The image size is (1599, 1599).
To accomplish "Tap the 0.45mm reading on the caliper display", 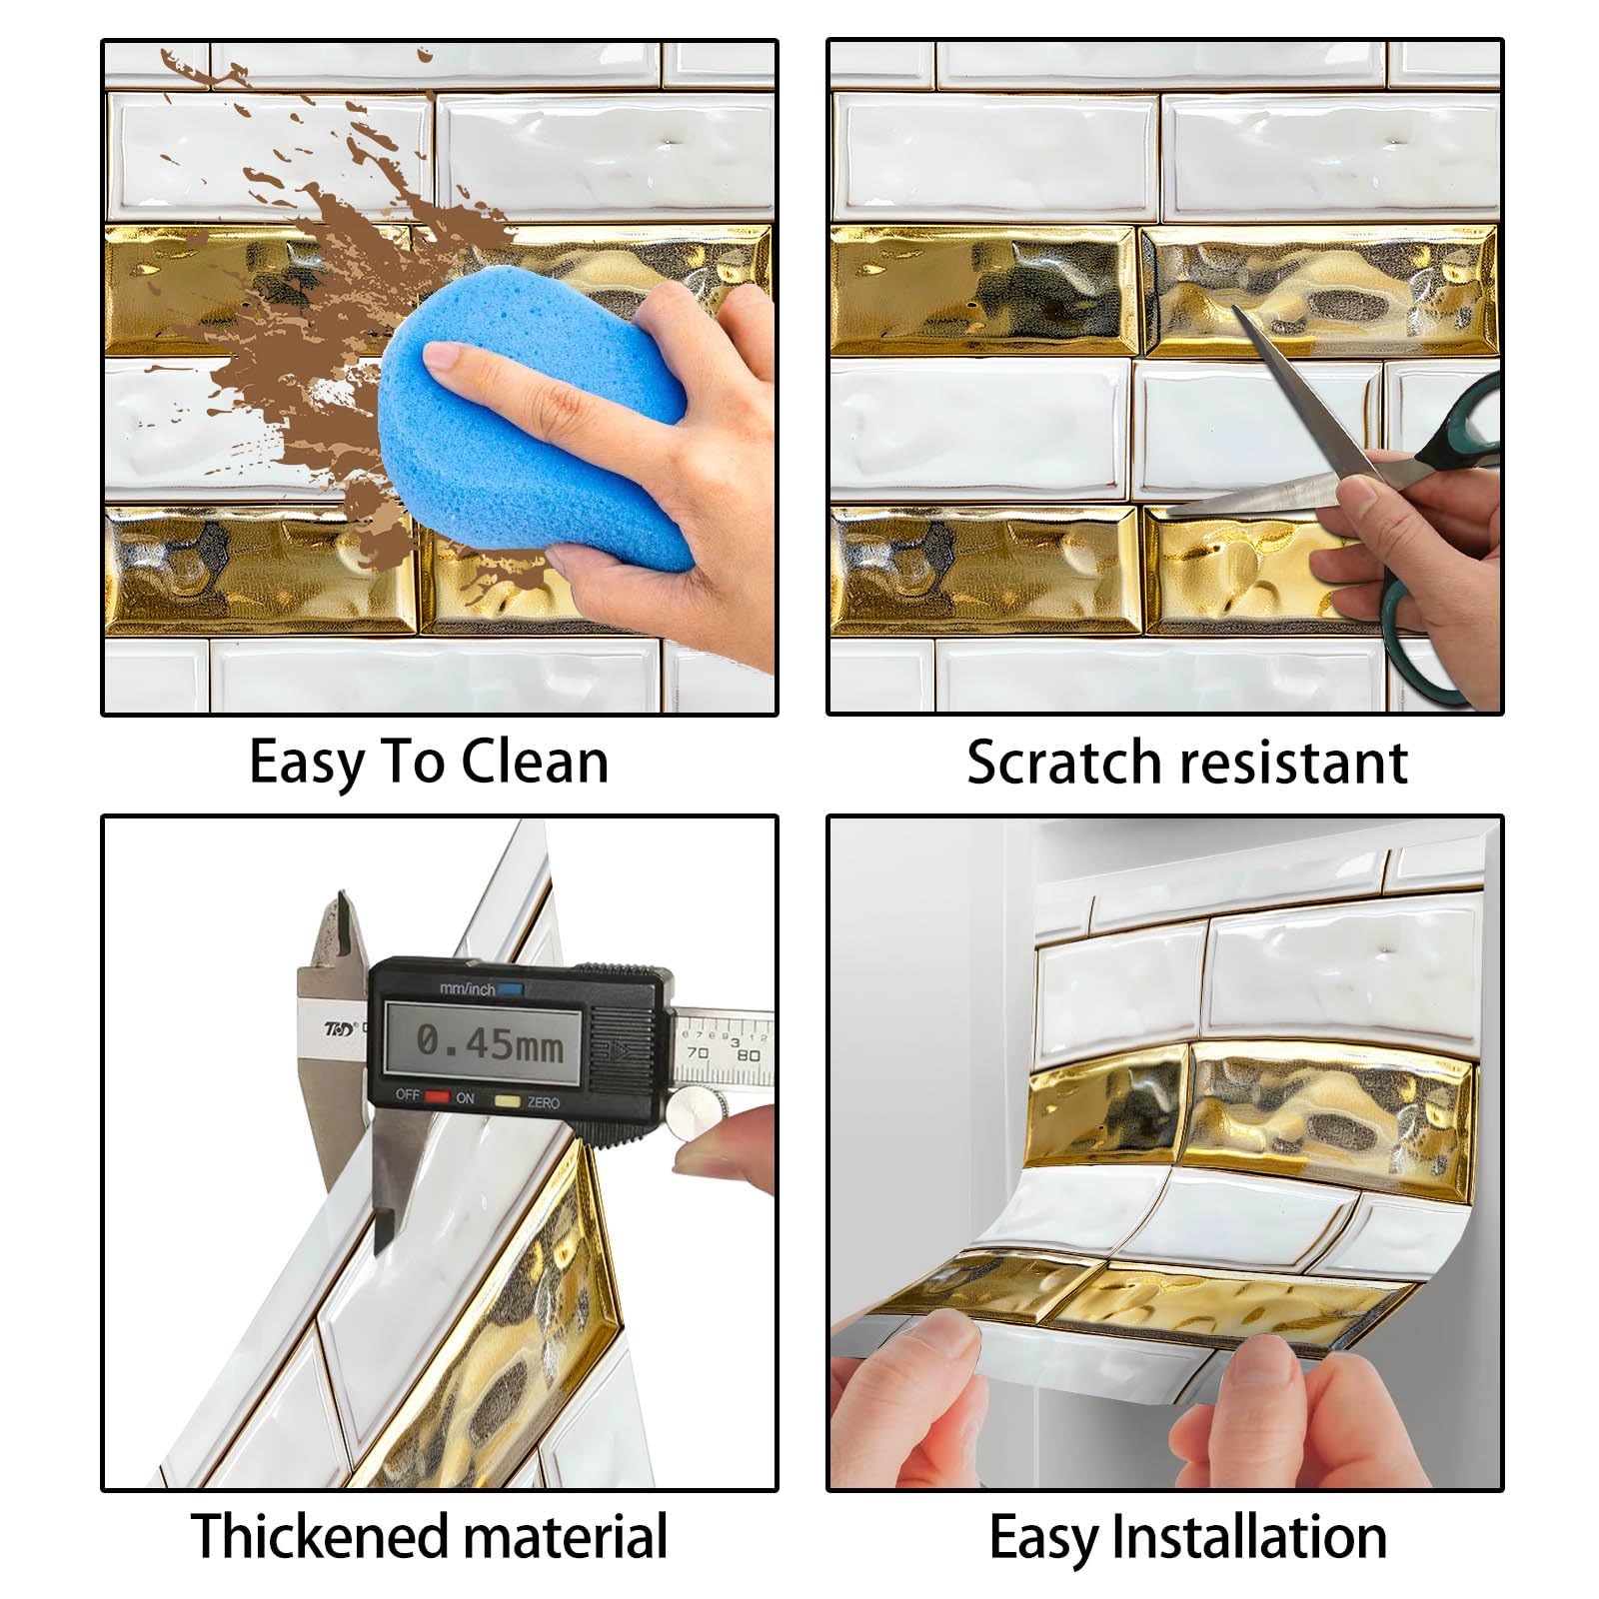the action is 490,1043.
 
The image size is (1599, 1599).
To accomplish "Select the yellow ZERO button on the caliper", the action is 509,1100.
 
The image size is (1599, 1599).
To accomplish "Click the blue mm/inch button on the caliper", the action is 511,989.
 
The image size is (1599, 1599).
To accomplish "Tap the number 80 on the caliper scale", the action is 748,1055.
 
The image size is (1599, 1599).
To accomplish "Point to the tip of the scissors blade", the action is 1236,309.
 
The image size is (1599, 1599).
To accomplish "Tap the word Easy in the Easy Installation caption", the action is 1044,1538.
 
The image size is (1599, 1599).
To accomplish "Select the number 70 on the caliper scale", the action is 698,1053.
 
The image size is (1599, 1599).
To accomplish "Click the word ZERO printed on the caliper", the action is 544,1102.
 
